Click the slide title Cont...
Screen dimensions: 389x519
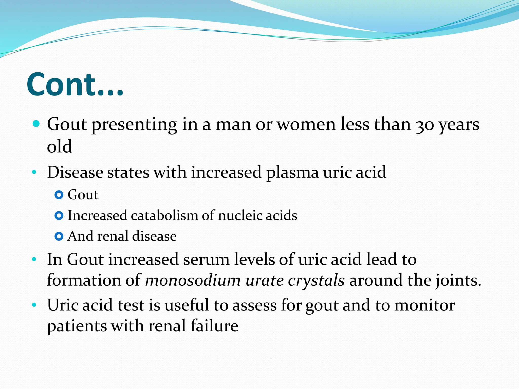click(x=75, y=85)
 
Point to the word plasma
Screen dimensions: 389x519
click(x=292, y=173)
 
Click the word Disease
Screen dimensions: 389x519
click(x=75, y=172)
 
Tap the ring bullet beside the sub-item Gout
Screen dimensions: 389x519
click(x=59, y=195)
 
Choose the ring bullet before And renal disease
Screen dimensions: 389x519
click(x=59, y=237)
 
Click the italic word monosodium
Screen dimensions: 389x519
click(x=193, y=280)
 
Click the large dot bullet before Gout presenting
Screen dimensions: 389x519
click(x=36, y=124)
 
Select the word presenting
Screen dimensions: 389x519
click(x=134, y=125)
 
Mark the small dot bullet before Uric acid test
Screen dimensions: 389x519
click(x=34, y=305)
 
